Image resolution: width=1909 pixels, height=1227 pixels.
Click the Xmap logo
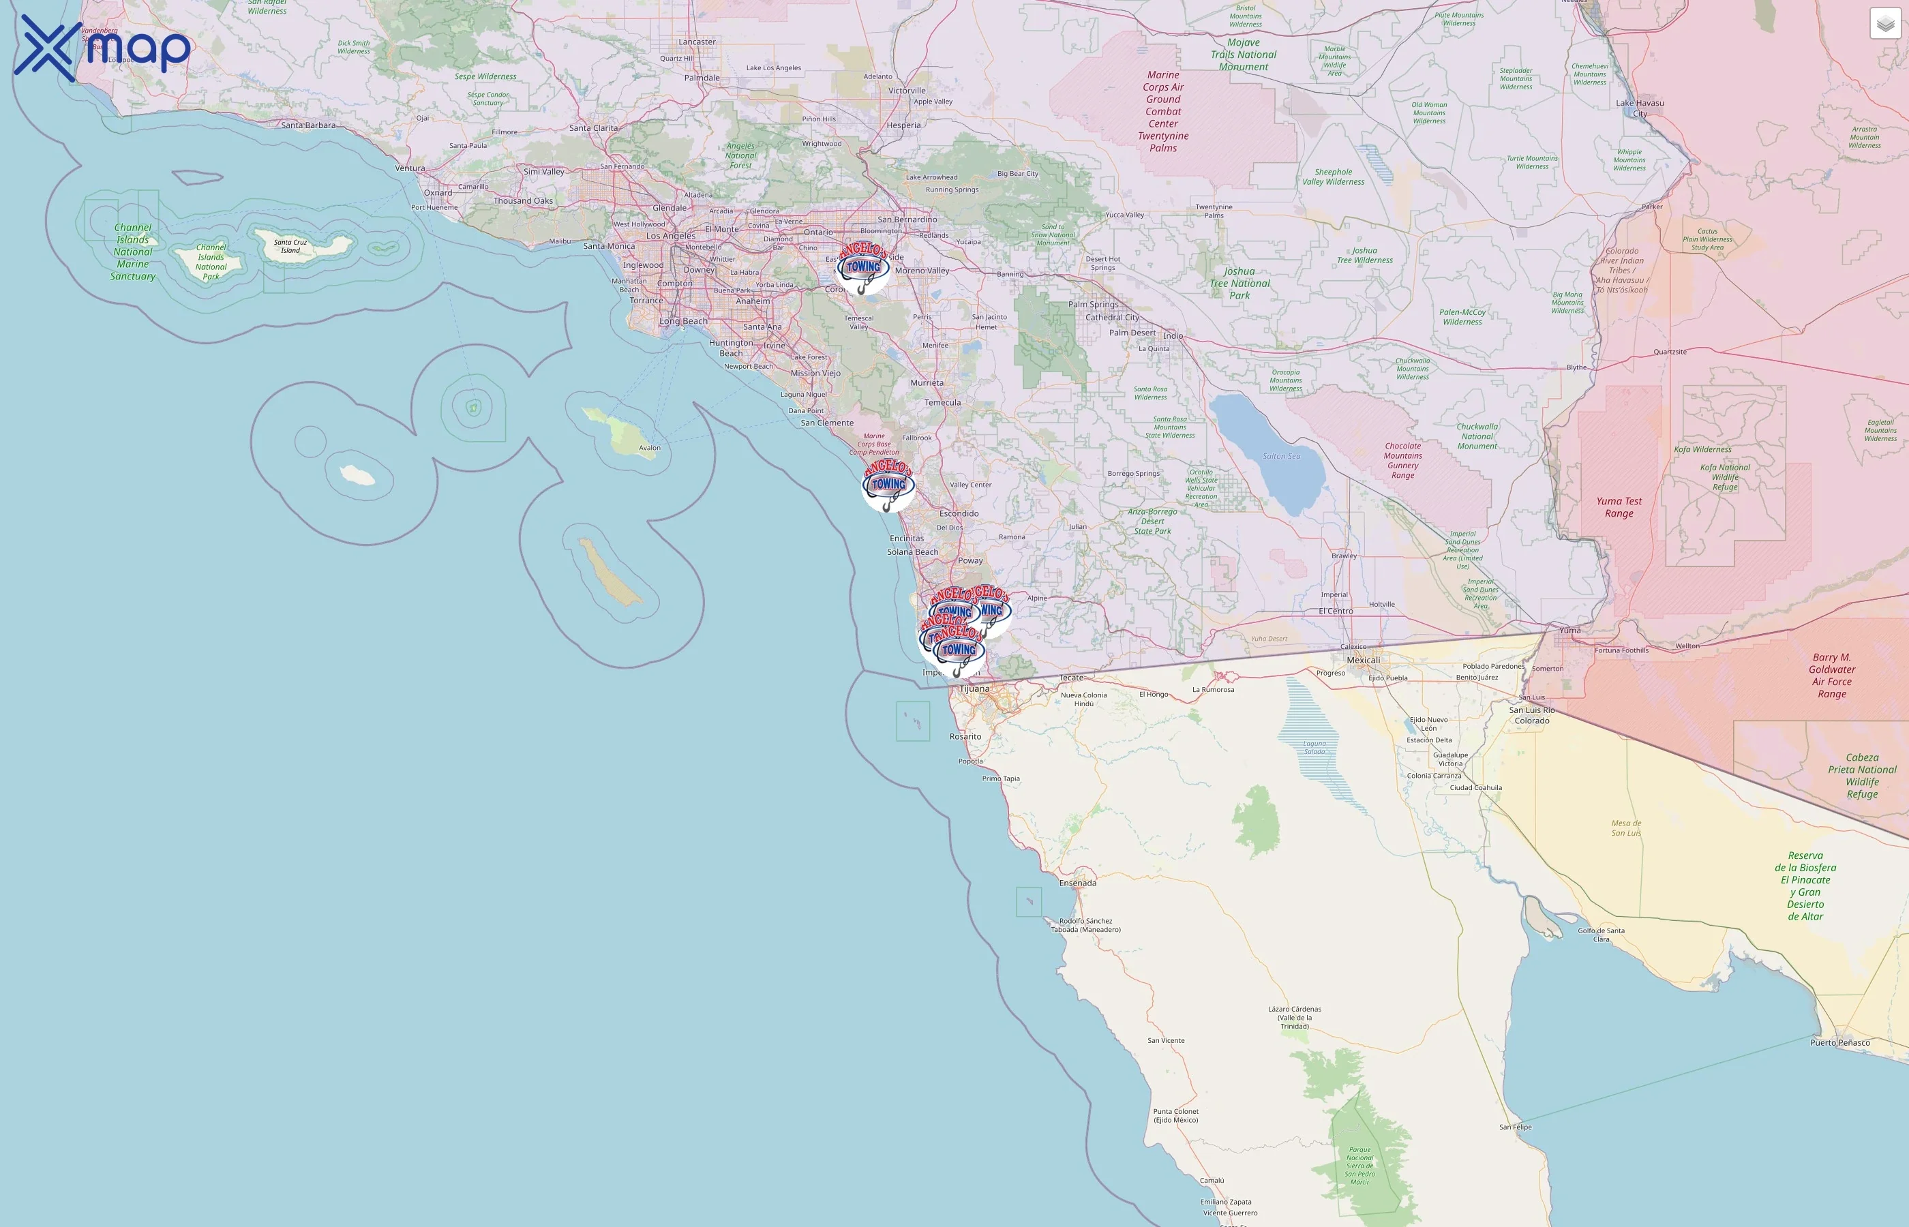click(x=102, y=48)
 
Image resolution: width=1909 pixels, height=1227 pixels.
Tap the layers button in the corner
click(x=1885, y=24)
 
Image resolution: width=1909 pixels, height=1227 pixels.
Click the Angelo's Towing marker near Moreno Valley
click(x=864, y=268)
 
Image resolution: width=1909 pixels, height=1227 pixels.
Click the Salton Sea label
click(x=1281, y=457)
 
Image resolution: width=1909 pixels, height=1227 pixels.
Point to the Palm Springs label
click(x=1093, y=304)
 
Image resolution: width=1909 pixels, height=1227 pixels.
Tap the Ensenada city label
click(x=1077, y=883)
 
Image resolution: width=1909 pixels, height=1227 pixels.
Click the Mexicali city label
click(x=1363, y=661)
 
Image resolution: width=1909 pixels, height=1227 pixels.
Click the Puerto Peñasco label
click(x=1839, y=1042)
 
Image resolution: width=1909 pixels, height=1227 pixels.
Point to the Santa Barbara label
click(x=308, y=125)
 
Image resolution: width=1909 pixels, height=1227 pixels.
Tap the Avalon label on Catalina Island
click(x=649, y=448)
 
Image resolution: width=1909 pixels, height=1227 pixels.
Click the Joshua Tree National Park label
click(x=1239, y=284)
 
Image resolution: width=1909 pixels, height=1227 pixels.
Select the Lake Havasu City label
click(x=1640, y=108)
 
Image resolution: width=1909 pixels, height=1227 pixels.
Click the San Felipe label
click(x=1516, y=1127)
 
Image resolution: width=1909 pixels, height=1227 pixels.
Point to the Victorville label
click(x=907, y=91)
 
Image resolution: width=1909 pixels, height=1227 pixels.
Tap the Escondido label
click(x=959, y=514)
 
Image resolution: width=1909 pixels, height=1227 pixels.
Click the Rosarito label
click(x=965, y=737)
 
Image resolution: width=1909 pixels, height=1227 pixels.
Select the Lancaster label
click(x=697, y=42)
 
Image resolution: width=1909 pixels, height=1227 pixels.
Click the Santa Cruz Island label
click(x=290, y=246)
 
